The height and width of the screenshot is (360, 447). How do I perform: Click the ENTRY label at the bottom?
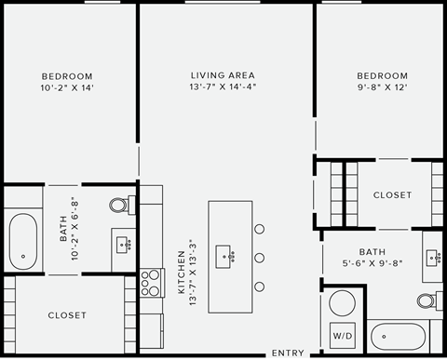click(288, 353)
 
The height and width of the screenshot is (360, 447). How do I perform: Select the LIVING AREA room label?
click(223, 75)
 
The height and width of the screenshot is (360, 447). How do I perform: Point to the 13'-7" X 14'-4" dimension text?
click(223, 87)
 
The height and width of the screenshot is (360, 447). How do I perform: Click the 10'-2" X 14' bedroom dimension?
click(67, 87)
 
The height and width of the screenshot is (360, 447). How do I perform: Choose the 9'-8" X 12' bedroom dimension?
click(382, 87)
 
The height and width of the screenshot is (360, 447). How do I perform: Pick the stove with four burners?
click(151, 282)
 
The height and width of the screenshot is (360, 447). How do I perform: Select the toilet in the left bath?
click(120, 206)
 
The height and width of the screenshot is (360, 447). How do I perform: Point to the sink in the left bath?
click(123, 245)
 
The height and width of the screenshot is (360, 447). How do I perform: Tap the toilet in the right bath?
click(427, 300)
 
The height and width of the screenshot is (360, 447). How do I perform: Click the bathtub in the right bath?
click(398, 337)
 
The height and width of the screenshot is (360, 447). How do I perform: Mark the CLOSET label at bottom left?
click(67, 315)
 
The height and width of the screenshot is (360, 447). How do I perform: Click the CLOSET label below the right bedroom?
click(392, 195)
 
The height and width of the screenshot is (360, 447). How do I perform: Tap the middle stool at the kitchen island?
click(260, 257)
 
